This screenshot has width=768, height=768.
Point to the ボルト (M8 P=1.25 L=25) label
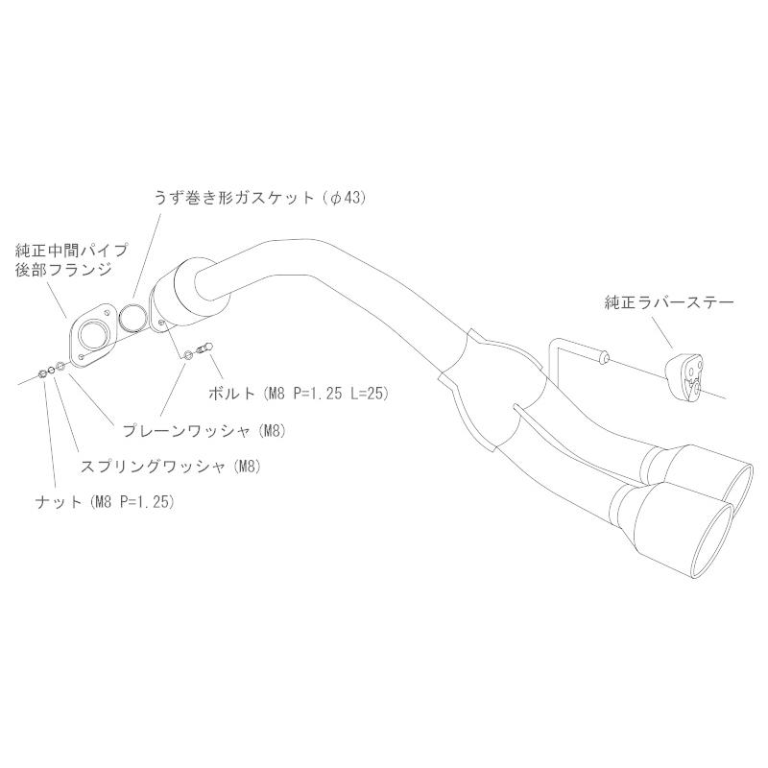point(298,393)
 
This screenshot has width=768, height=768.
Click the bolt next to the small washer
point(204,348)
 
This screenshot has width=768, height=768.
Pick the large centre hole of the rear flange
point(93,335)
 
